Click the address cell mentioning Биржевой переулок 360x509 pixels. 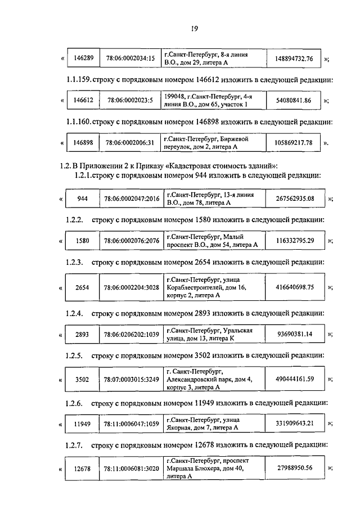(x=213, y=142)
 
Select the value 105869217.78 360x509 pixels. (x=293, y=142)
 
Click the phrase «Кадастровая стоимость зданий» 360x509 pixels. (x=217, y=165)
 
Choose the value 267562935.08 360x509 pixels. (x=295, y=198)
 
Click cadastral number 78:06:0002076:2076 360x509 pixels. (x=131, y=240)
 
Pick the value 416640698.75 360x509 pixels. (x=295, y=287)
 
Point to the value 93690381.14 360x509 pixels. (x=295, y=334)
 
